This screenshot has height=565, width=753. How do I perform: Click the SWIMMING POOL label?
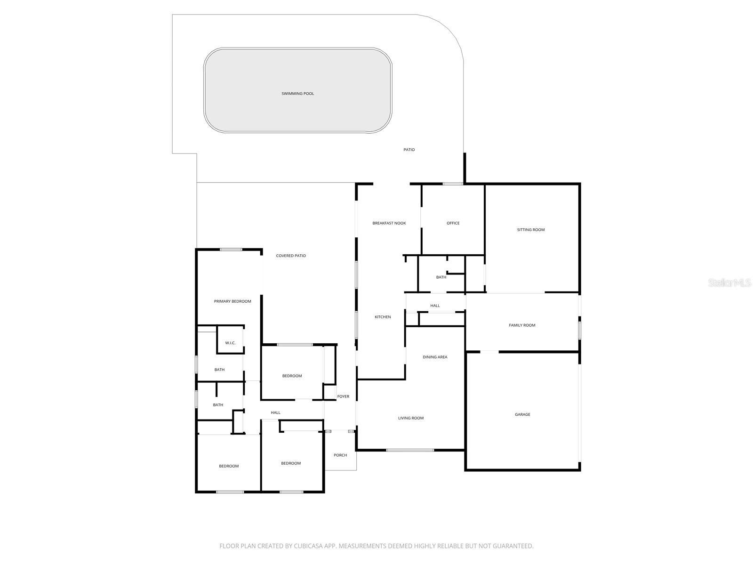297,94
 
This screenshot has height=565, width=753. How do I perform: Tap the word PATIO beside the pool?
409,150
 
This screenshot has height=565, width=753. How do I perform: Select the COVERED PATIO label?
291,256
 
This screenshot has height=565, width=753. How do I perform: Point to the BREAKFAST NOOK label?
389,223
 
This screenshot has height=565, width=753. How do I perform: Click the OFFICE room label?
453,223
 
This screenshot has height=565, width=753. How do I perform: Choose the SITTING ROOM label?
530,230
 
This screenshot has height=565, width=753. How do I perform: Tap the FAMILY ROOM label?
522,325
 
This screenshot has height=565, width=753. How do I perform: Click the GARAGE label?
522,414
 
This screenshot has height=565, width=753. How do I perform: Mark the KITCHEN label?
383,317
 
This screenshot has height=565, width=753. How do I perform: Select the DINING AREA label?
435,357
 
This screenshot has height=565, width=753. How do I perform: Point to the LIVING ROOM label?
411,418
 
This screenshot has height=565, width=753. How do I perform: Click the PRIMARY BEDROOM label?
232,301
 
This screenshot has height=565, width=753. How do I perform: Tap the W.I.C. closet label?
230,343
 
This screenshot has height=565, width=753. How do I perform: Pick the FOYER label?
343,396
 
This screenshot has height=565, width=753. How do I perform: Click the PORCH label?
340,455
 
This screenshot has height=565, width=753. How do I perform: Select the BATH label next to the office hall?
441,277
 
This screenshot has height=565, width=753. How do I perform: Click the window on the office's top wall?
453,184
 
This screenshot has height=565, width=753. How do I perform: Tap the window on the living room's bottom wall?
410,450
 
